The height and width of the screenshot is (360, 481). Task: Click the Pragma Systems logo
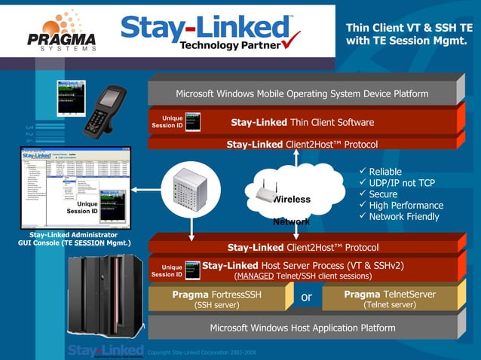click(x=61, y=31)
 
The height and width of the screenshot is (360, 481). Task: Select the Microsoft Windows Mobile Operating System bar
click(x=302, y=94)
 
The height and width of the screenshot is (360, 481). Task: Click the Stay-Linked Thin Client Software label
click(x=302, y=122)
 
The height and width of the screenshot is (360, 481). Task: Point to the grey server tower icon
click(x=188, y=192)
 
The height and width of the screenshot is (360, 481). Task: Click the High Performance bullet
click(x=406, y=206)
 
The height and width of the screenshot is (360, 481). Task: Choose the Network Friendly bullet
click(x=403, y=217)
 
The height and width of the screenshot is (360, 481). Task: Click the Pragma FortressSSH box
click(x=216, y=299)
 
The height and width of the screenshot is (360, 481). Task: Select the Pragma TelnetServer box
click(x=389, y=299)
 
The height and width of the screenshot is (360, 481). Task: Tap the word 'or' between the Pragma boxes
click(x=306, y=297)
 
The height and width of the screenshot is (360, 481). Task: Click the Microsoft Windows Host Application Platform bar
click(x=302, y=328)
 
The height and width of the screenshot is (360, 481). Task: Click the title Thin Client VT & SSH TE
click(x=409, y=27)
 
